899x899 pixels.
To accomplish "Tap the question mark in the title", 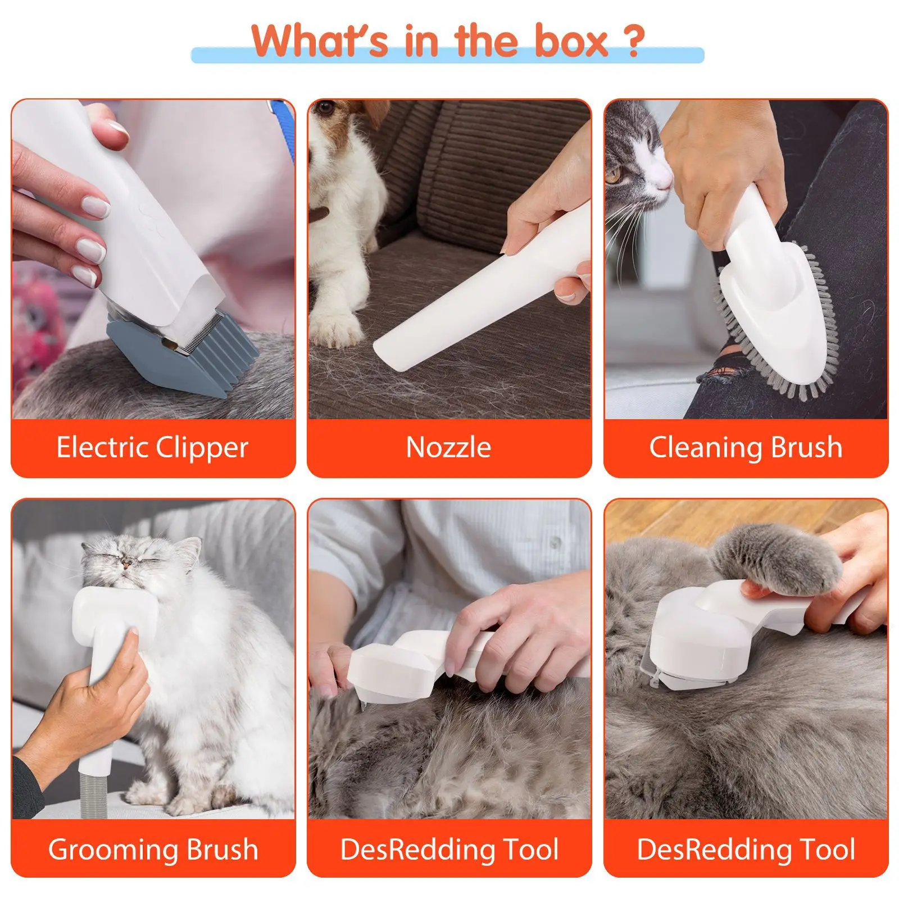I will [x=633, y=40].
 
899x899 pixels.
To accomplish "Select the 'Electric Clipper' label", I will [x=152, y=448].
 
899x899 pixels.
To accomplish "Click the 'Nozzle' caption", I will [x=448, y=448].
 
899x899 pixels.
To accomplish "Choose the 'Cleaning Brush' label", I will [x=746, y=448].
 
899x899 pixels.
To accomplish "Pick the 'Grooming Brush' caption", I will [x=153, y=849].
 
